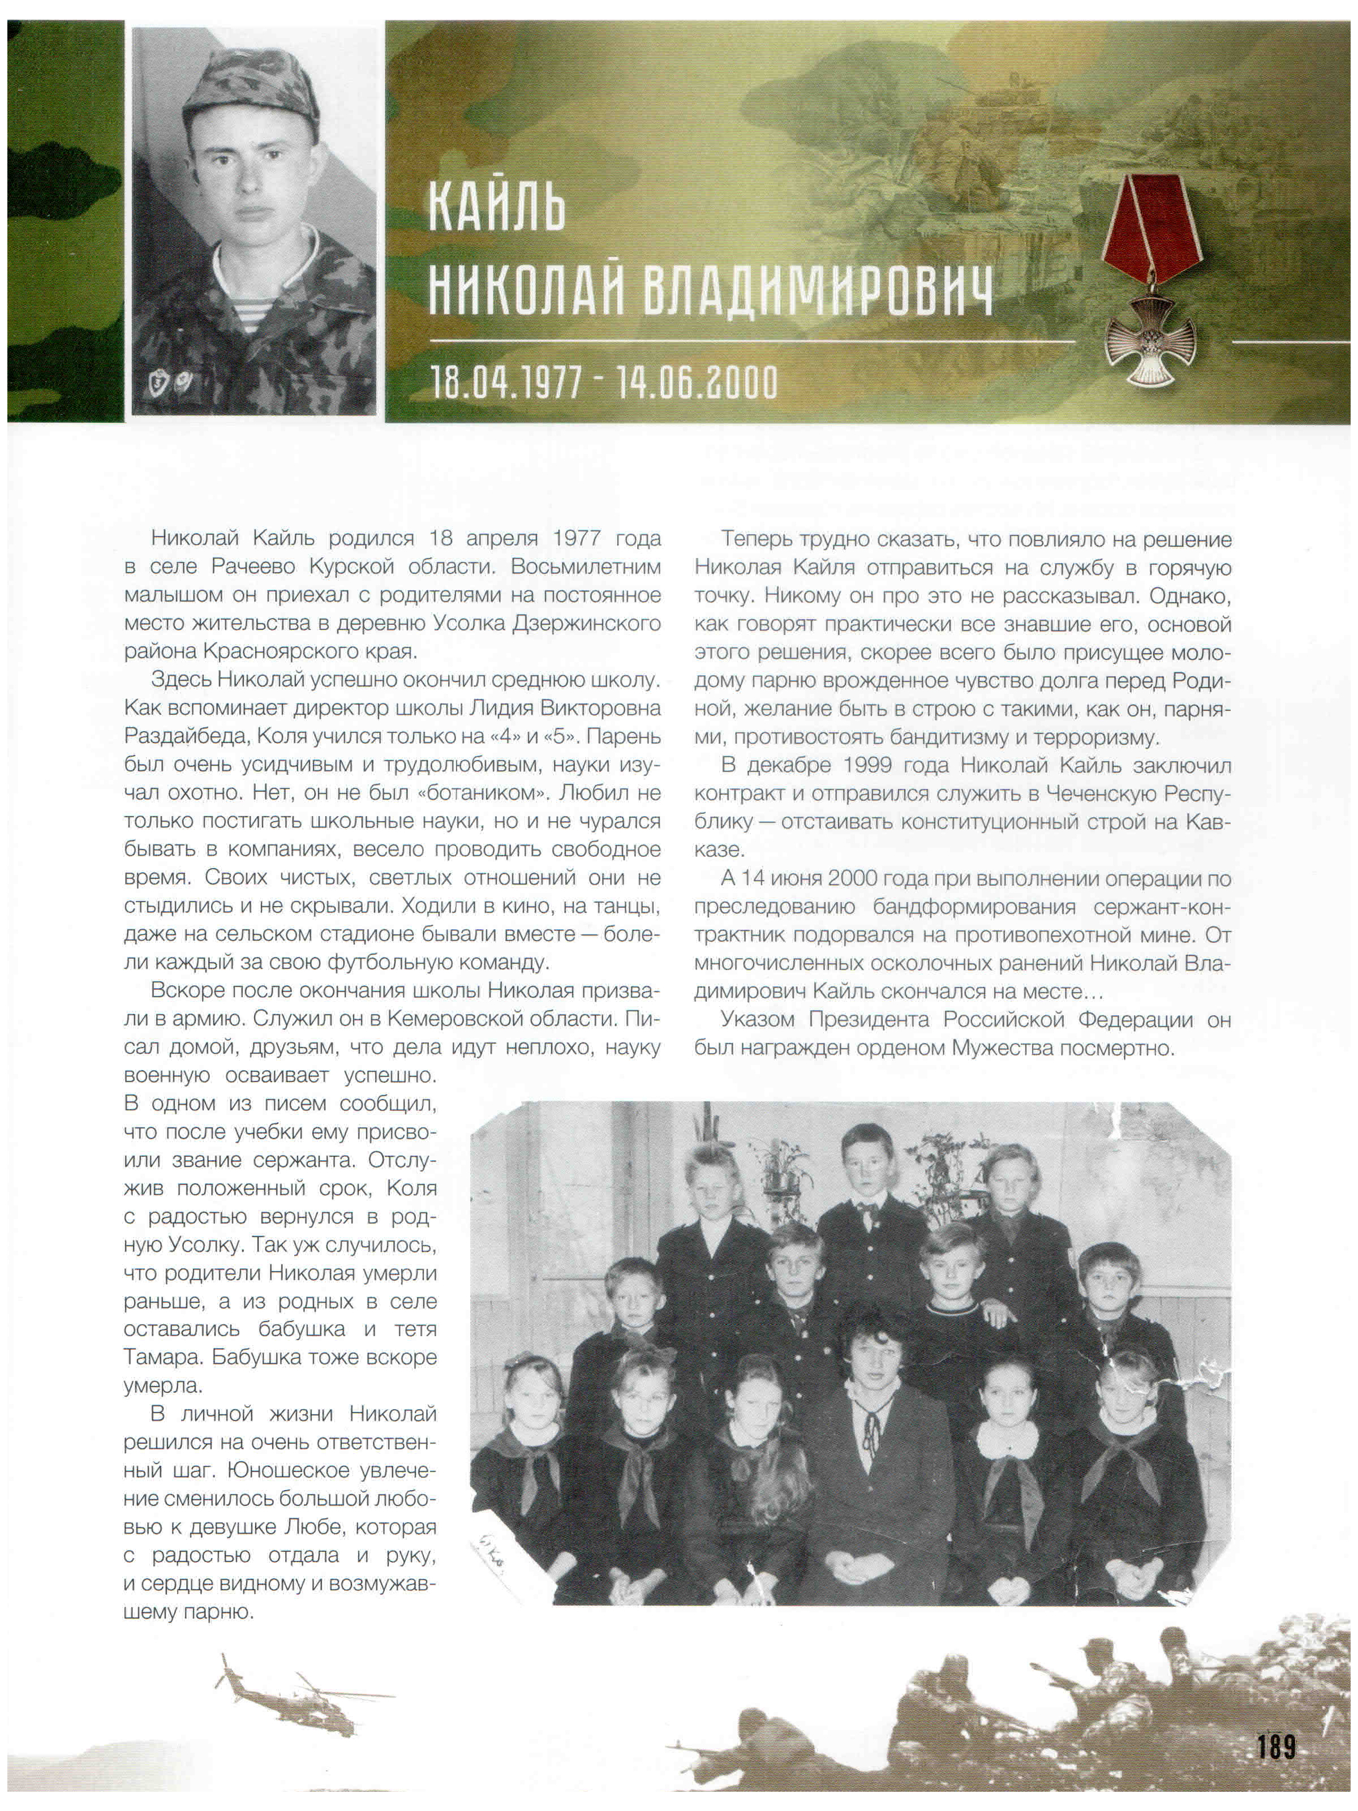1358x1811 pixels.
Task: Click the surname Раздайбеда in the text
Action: pos(185,736)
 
